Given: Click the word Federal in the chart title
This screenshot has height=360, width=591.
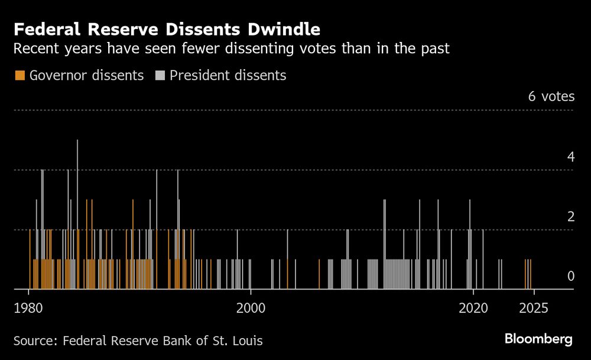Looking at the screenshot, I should (x=43, y=29).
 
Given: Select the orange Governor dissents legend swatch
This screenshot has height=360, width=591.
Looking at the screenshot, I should (x=20, y=76).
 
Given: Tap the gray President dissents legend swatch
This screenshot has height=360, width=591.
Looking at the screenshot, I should (x=160, y=76).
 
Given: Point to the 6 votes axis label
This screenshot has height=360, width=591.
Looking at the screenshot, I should (x=551, y=96).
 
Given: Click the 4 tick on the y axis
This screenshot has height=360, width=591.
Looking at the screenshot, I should (x=570, y=157).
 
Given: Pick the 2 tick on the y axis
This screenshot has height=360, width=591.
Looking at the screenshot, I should (x=570, y=216).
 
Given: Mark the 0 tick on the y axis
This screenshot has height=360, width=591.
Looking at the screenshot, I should (x=570, y=276).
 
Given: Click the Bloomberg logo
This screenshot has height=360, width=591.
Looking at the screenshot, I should (x=538, y=339).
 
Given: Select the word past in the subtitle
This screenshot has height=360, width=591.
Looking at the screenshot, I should (x=436, y=48).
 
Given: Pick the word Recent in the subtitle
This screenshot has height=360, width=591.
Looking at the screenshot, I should (x=34, y=48).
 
